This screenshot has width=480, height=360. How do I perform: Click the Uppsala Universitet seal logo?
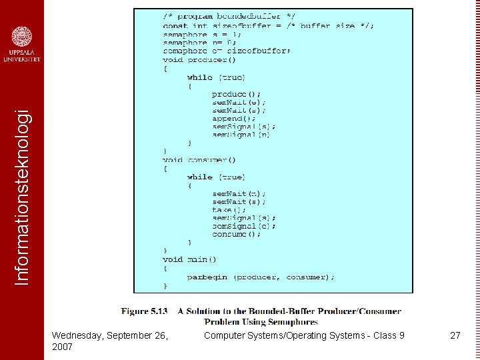pyautogui.click(x=22, y=37)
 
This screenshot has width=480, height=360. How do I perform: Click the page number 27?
pyautogui.click(x=455, y=335)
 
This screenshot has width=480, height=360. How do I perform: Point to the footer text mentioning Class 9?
pyautogui.click(x=304, y=335)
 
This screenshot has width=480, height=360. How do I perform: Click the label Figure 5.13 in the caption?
pyautogui.click(x=144, y=311)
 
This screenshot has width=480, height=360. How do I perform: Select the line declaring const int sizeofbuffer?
pyautogui.click(x=268, y=26)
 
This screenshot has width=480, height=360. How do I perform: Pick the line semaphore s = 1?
pyautogui.click(x=202, y=35)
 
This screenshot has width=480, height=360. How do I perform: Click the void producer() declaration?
pyautogui.click(x=199, y=59)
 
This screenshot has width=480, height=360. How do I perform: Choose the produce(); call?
pyautogui.click(x=237, y=94)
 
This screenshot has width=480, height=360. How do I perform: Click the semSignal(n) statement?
pyautogui.click(x=241, y=135)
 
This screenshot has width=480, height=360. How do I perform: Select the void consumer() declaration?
pyautogui.click(x=199, y=160)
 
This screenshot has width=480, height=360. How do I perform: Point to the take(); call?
pyautogui.click(x=229, y=210)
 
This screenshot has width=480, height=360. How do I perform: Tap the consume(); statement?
pyautogui.click(x=237, y=235)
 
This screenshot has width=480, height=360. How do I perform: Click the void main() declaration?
pyautogui.click(x=189, y=259)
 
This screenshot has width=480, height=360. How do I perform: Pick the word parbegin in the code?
pyautogui.click(x=207, y=277)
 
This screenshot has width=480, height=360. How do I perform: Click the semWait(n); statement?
pyautogui.click(x=239, y=193)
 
